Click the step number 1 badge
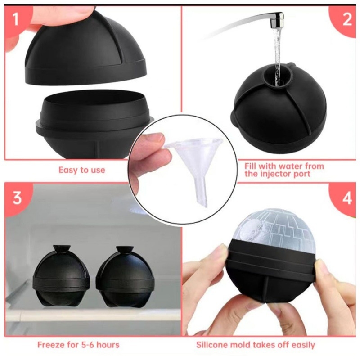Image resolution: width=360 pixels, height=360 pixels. coord(15,19)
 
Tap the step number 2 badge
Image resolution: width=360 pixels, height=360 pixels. coord(346,19)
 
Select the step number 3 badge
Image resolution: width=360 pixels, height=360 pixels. coord(17,198)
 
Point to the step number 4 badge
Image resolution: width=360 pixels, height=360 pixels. coord(346,198)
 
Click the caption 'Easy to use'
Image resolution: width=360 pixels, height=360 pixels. coord(82,170)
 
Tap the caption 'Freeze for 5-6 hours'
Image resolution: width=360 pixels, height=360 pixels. coord(78,345)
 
